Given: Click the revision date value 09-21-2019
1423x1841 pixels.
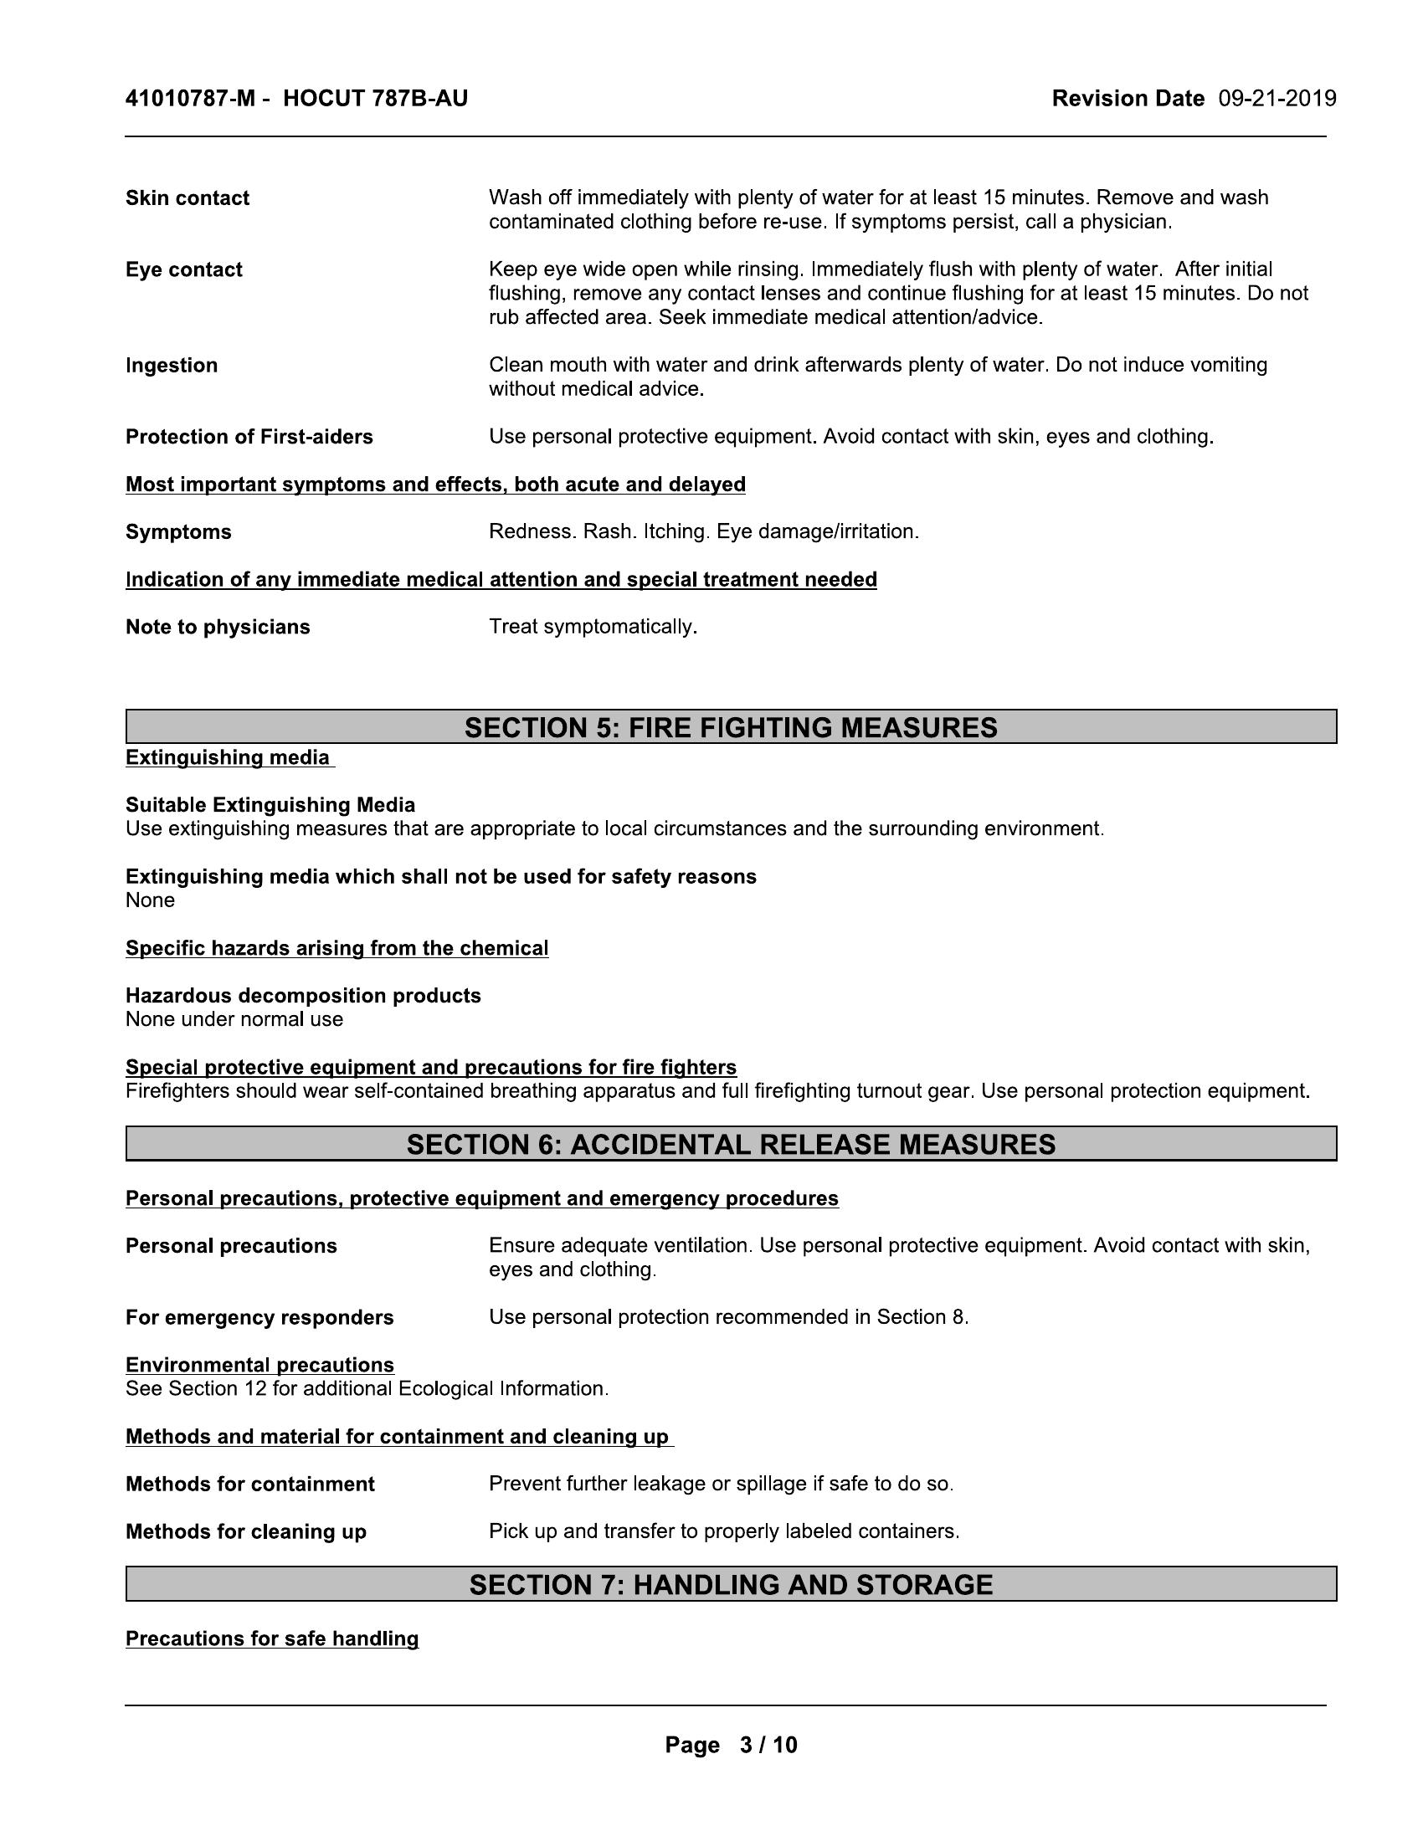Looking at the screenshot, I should click(x=1277, y=100).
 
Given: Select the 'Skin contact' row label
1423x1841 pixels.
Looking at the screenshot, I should click(x=188, y=198).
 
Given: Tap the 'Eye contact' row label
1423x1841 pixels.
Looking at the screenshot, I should click(x=184, y=269).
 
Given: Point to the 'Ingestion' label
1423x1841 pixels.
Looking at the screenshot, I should click(x=171, y=365).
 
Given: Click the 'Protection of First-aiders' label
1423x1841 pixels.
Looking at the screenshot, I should click(x=249, y=437).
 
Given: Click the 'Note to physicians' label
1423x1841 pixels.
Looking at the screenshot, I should click(x=218, y=627).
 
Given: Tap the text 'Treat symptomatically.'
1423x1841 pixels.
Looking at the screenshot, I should click(x=593, y=627).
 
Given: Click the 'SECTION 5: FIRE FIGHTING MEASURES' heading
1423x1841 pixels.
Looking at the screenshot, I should click(x=730, y=727).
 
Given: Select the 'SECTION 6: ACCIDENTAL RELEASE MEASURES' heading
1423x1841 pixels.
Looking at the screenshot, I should click(x=730, y=1144).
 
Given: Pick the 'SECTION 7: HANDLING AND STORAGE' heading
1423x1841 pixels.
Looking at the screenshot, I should click(x=730, y=1585).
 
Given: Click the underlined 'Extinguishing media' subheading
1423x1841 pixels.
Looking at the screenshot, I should click(x=228, y=758).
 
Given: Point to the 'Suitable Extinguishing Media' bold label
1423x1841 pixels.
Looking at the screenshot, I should click(x=270, y=805).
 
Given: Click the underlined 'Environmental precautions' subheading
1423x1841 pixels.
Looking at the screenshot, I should click(x=259, y=1365).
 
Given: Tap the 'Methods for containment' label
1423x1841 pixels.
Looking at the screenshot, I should click(x=249, y=1485).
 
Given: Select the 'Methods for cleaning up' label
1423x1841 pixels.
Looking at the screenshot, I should click(x=245, y=1531).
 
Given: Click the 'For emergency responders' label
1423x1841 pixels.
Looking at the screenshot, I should click(x=259, y=1317).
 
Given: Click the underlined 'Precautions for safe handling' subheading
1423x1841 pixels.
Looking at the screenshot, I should click(x=271, y=1638).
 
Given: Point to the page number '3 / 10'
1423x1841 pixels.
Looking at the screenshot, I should click(x=767, y=1745).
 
